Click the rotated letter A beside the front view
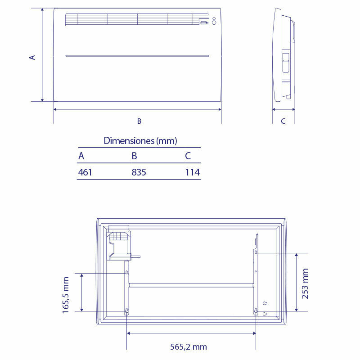pyautogui.click(x=32, y=57)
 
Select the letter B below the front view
pyautogui.click(x=139, y=121)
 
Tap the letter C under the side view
pyautogui.click(x=283, y=121)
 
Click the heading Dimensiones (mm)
pyautogui.click(x=140, y=141)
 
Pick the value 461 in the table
pyautogui.click(x=85, y=172)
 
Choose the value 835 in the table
pyautogui.click(x=139, y=172)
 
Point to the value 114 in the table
pyautogui.click(x=192, y=172)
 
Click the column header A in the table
pyautogui.click(x=81, y=156)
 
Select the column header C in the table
pyautogui.click(x=188, y=156)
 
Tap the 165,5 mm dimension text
pyautogui.click(x=66, y=295)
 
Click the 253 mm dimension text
pyautogui.click(x=305, y=283)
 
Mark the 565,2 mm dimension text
pyautogui.click(x=189, y=346)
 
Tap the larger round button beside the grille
pyautogui.click(x=214, y=19)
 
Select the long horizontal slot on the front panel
pyautogui.click(x=137, y=56)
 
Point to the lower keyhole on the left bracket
pyautogui.click(x=126, y=311)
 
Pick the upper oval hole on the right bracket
pyautogui.click(x=256, y=253)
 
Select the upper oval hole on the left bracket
pyautogui.click(x=126, y=273)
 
